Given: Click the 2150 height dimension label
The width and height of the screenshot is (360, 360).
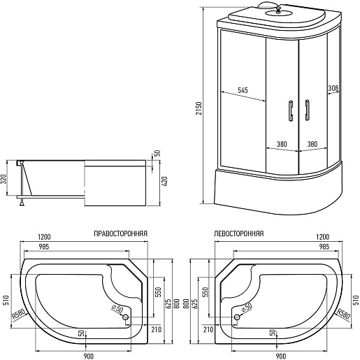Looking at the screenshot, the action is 199,108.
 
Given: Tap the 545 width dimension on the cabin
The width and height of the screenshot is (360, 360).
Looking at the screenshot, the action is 243,90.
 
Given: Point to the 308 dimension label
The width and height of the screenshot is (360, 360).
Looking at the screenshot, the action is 333,88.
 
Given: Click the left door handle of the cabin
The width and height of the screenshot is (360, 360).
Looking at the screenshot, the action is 291,110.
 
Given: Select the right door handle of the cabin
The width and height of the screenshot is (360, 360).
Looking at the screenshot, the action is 307,110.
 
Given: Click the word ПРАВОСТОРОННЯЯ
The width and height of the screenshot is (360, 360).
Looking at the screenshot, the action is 120,233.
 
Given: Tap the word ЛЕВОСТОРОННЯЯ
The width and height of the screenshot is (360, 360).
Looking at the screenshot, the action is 239,233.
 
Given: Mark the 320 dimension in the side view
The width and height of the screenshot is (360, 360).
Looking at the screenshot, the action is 4,178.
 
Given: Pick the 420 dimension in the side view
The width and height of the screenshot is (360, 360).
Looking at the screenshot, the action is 164,182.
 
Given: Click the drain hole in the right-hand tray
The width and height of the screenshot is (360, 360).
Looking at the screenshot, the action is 126,317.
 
